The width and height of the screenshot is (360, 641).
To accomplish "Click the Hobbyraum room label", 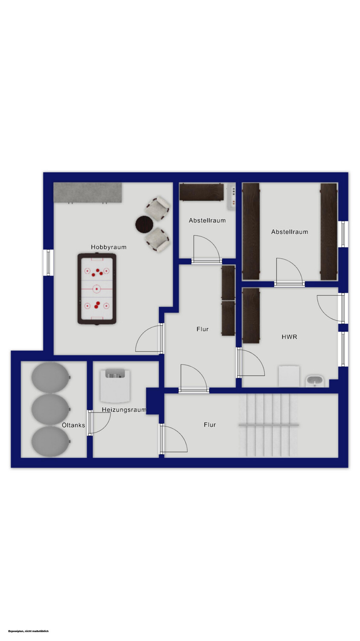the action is click(108, 247).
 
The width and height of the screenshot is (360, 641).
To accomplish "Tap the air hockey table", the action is click(97, 289).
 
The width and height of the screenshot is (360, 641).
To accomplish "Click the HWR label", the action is click(290, 337).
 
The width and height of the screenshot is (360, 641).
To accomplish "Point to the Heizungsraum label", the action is click(124, 409).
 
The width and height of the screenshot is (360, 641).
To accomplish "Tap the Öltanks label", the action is click(73, 425).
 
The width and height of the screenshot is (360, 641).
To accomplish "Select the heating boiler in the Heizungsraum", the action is click(115, 385).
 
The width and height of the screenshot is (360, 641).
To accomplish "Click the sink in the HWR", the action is click(315, 382).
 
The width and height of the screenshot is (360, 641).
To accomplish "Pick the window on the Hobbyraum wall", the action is click(48, 262).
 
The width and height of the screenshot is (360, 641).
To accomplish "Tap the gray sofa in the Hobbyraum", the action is click(88, 192).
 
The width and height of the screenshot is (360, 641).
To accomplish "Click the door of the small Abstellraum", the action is click(206, 248).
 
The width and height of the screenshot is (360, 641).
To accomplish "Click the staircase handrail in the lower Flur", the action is click(269, 425).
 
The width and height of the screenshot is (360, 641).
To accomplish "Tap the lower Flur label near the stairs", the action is click(210, 425).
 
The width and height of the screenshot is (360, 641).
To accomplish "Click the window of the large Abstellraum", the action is click(343, 234).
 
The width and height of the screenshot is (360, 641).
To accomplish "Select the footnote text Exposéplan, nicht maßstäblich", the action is click(28, 631).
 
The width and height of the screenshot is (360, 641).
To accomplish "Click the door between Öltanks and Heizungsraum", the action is click(99, 423).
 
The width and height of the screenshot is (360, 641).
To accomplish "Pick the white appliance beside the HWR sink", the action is click(289, 376).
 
